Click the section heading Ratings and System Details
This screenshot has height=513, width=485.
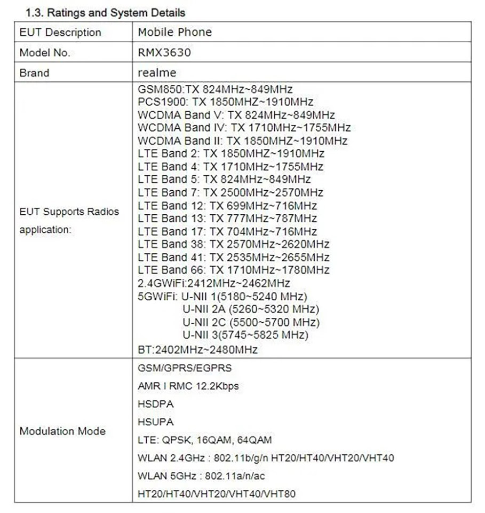pos(101,12)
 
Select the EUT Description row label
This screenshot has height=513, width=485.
pos(60,33)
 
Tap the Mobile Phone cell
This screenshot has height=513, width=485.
pos(174,32)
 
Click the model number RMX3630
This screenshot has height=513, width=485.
pos(164,52)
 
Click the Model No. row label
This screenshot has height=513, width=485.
pos(45,53)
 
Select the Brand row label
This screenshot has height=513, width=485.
pos(34,73)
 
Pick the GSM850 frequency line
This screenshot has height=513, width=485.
pos(214,89)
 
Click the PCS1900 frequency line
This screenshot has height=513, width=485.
pos(225,102)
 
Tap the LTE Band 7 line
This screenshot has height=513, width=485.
pos(230,192)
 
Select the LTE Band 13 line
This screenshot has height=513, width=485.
pos(227,219)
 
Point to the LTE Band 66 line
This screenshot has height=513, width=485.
pos(233,270)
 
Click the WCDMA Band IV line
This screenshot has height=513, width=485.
pos(244,128)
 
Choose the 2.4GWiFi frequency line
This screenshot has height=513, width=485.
pos(213,283)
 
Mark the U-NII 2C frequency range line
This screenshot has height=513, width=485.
pos(251,322)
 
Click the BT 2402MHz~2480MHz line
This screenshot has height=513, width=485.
pos(197,350)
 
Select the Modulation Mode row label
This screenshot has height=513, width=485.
pos(62,431)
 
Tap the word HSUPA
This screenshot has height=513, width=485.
pos(155,422)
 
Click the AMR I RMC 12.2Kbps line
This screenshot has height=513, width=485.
pos(188,386)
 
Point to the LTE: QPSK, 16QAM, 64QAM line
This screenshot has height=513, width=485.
pos(204,440)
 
